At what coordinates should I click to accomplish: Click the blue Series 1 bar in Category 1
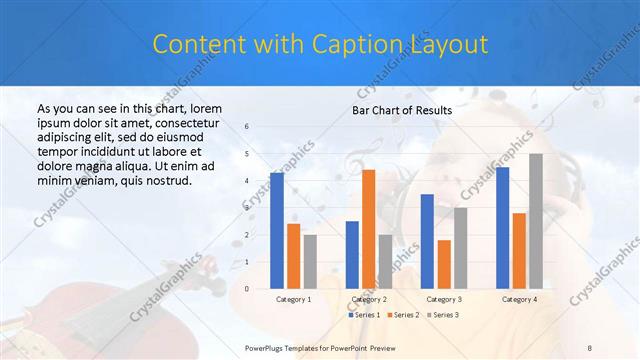[276, 230]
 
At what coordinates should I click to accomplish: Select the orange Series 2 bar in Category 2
[368, 229]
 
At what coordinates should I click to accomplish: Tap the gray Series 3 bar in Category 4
[536, 221]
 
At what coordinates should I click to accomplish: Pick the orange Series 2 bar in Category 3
[444, 264]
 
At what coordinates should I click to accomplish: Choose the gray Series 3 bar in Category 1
[310, 261]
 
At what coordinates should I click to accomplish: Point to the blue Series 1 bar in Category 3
[427, 241]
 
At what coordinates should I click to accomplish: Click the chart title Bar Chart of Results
[402, 110]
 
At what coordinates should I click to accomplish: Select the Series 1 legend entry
[364, 315]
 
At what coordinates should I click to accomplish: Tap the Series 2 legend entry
[402, 315]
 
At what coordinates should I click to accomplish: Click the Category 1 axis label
[293, 299]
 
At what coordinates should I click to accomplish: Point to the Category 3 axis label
[443, 299]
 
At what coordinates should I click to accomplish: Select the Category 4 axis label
[519, 299]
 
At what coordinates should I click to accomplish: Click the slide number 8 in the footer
[590, 346]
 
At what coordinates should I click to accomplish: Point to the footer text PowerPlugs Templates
[290, 346]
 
